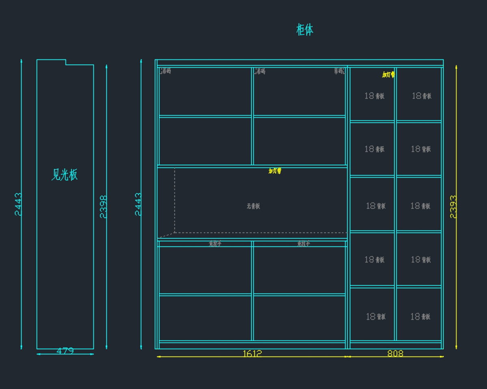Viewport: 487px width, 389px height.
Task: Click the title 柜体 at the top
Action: [305, 30]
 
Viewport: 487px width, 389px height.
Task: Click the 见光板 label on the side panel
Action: [65, 175]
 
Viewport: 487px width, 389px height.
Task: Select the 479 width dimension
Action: [65, 351]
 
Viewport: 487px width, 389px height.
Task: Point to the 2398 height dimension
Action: [104, 207]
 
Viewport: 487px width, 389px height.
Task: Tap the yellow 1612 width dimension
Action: [252, 354]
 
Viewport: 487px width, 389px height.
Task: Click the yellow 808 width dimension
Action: [395, 354]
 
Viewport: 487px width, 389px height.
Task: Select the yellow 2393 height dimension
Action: [453, 207]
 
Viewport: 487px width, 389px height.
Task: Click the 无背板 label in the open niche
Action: [253, 206]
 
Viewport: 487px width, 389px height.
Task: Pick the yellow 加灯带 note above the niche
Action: [275, 171]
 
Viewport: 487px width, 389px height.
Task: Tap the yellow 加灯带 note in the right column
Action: [388, 74]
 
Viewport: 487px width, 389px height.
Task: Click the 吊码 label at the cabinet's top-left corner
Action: [166, 71]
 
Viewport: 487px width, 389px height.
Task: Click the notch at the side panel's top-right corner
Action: [66, 63]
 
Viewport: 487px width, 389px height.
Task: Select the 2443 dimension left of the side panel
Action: [19, 204]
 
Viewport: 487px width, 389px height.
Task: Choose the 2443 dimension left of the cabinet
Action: [138, 204]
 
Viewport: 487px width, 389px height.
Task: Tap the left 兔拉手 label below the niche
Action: [215, 244]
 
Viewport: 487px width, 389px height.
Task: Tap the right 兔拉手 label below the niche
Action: [303, 244]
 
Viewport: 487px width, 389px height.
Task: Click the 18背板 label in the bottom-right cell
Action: [420, 316]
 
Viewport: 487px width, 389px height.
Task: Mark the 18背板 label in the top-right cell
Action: [422, 96]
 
